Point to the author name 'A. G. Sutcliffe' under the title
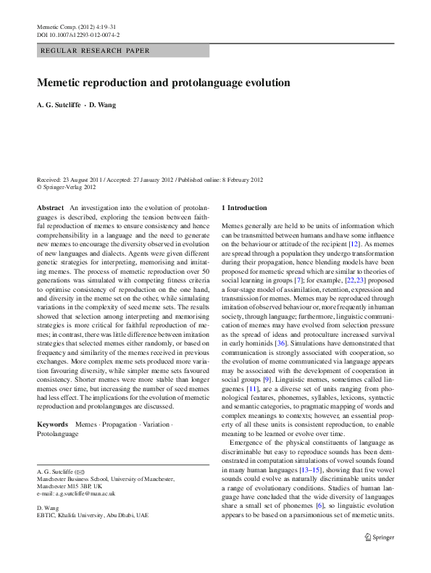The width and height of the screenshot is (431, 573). coord(59,105)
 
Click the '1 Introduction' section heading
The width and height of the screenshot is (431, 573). coord(244,208)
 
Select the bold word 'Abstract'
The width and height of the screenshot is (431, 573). coord(50,208)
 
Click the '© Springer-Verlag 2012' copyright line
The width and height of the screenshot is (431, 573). coord(67,187)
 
